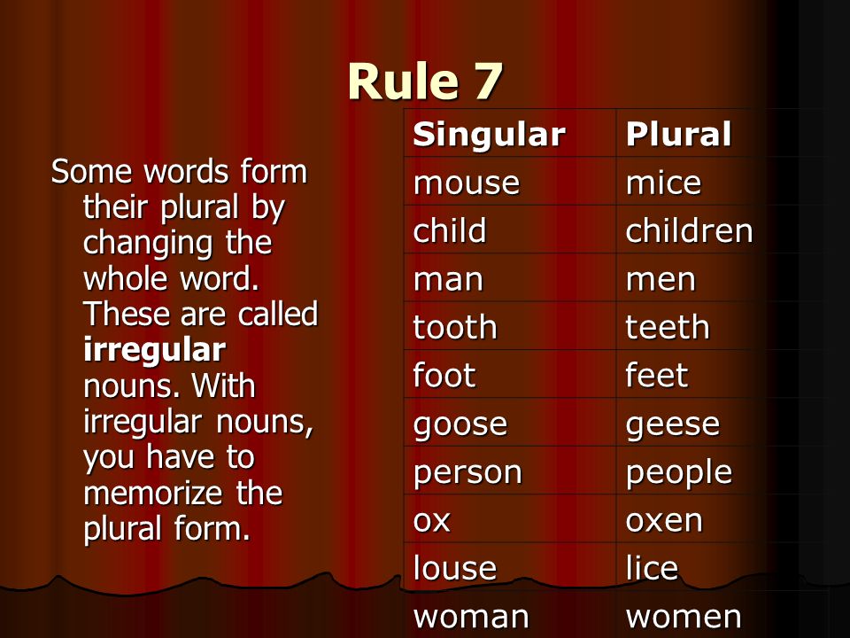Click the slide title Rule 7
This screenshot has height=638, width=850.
(425, 82)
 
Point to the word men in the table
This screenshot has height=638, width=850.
(661, 279)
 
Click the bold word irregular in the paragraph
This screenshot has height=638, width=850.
(154, 350)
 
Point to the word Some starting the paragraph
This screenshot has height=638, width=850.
(91, 171)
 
